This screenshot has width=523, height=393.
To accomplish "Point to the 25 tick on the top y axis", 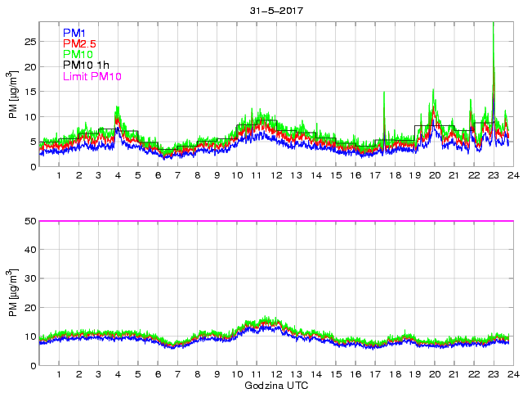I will click(x=29, y=41).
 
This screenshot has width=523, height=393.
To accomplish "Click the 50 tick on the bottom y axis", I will click(x=29, y=221).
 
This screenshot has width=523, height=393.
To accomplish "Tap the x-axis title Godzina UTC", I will click(x=276, y=385).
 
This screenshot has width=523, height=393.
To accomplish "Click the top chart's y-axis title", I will click(x=12, y=95).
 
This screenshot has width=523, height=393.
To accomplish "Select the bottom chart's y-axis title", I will click(x=12, y=293).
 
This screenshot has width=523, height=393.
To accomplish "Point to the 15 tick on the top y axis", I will click(x=29, y=92).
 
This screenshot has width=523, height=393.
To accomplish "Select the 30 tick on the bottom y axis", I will click(x=29, y=279).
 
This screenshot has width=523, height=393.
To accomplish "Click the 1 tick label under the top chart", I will click(x=59, y=175).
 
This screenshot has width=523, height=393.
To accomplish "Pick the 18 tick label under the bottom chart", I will click(x=395, y=374).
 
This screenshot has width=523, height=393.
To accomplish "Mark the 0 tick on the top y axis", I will click(x=32, y=167).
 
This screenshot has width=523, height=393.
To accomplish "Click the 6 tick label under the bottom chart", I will click(x=158, y=374).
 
